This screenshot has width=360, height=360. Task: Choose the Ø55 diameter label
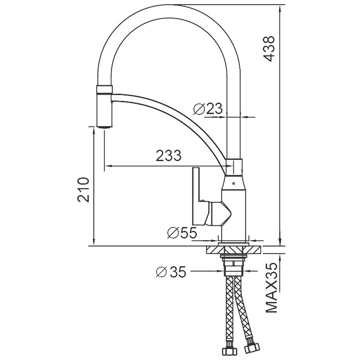pyautogui.click(x=182, y=233)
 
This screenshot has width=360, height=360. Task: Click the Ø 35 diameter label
pyautogui.click(x=171, y=271)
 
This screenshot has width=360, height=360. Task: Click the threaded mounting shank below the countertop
pyautogui.click(x=236, y=265)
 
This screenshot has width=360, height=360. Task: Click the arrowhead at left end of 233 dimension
pyautogui.click(x=106, y=166)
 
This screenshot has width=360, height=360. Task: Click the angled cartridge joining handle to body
pyautogui.click(x=218, y=213)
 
